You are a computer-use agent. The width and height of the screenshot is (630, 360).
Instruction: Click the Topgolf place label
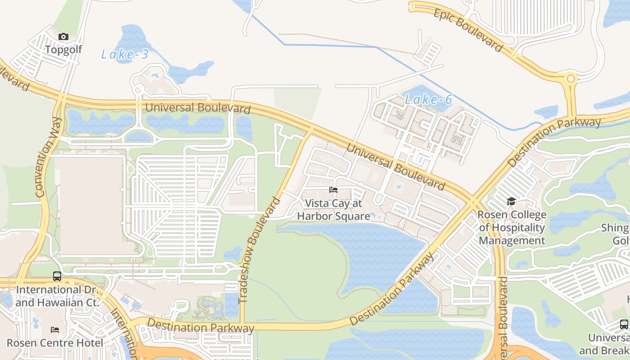63,49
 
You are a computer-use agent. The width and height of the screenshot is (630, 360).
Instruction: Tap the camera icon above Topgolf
63,37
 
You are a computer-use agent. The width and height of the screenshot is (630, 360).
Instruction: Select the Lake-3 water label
125,55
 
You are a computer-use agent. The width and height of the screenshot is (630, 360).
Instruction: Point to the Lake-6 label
428,99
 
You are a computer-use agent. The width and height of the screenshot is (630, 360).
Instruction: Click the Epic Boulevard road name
468,30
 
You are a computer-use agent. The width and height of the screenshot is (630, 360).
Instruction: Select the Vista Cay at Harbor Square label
333,210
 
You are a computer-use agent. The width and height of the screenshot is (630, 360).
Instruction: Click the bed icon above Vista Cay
333,190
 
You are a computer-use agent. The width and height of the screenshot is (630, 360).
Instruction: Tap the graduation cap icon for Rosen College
511,201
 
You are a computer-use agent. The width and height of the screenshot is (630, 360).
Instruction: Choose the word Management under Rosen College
512,240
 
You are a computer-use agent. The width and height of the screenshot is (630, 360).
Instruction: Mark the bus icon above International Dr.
57,276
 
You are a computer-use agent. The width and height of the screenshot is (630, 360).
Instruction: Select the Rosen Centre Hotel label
55,343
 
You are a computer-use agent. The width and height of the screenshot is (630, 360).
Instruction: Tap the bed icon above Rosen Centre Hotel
55,330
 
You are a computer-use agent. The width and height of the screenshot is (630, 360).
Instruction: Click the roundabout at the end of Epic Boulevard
571,79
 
